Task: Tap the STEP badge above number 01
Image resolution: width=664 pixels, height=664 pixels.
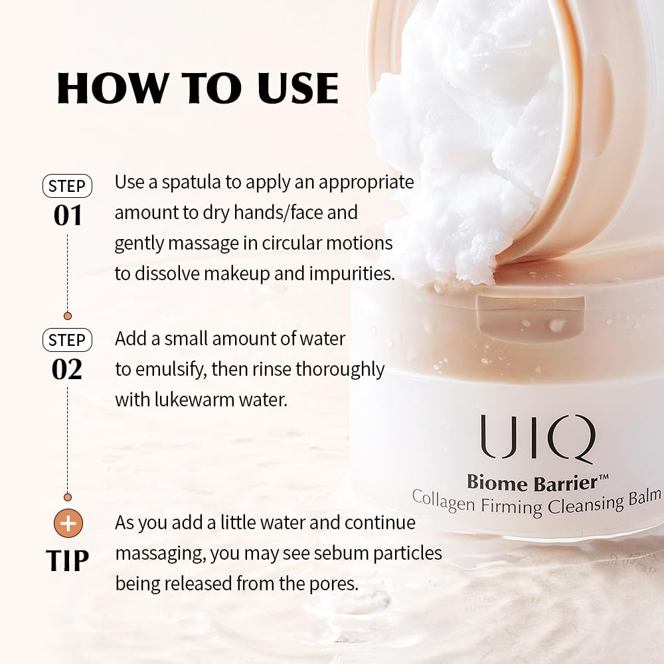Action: pyautogui.click(x=67, y=186)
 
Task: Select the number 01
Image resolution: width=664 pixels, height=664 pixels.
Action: pyautogui.click(x=67, y=216)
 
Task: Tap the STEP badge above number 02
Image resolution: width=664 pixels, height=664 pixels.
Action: pyautogui.click(x=67, y=341)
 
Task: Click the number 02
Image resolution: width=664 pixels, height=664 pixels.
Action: pyautogui.click(x=67, y=370)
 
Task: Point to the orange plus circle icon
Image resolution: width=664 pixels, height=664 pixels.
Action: pyautogui.click(x=68, y=524)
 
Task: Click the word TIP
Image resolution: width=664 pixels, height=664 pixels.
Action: pyautogui.click(x=68, y=560)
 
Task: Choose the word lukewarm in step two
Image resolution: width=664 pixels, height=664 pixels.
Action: pyautogui.click(x=190, y=400)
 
